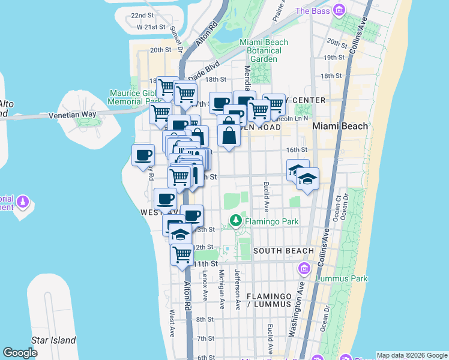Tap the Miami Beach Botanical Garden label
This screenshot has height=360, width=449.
coord(264,50)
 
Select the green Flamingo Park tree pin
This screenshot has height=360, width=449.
coord(236,221)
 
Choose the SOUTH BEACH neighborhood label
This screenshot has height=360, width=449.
coord(283,251)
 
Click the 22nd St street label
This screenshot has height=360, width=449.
coord(143,15)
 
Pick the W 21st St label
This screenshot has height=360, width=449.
coord(151,27)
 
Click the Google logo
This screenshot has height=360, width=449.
coord(20,353)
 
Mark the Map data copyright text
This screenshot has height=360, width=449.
coord(411,355)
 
